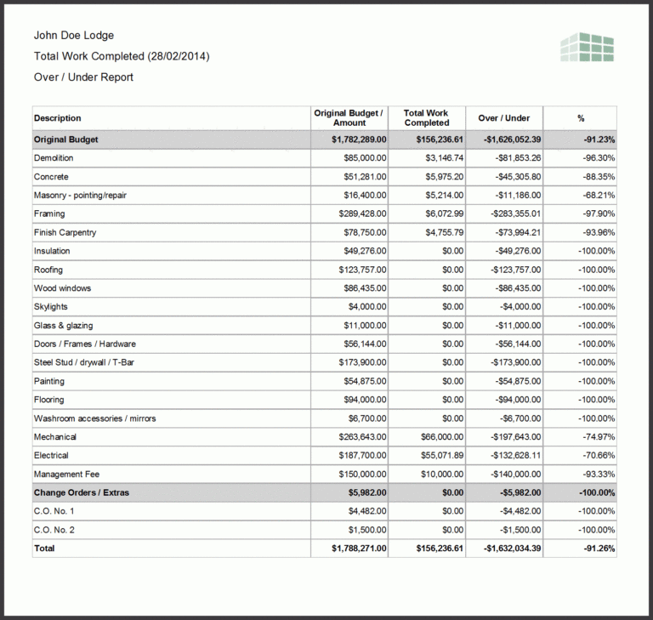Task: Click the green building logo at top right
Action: point(587,48)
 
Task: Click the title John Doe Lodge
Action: point(73,35)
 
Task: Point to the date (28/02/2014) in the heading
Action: point(178,56)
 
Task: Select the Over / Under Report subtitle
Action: point(83,77)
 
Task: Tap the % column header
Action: point(581,118)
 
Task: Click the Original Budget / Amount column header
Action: point(349,117)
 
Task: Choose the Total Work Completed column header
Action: point(426,117)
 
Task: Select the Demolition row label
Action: point(54,158)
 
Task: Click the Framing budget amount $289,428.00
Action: point(361,213)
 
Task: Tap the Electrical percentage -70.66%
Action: point(596,456)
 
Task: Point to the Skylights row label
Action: point(51,307)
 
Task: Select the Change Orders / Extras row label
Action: point(82,492)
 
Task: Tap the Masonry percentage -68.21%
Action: point(596,196)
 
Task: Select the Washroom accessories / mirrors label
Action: point(94,418)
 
